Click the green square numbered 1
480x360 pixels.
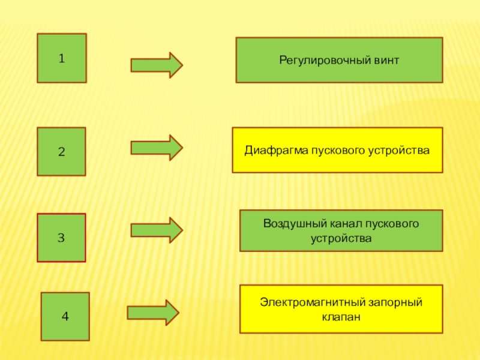[x=62, y=58]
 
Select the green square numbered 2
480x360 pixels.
[x=62, y=152]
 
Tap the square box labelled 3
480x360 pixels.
[x=62, y=238]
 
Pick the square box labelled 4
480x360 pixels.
[x=65, y=316]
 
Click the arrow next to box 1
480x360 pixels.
[x=157, y=65]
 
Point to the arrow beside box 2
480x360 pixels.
[x=157, y=148]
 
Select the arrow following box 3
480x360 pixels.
[x=157, y=230]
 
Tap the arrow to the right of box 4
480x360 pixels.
[x=153, y=313]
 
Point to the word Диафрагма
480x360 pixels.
[x=276, y=151]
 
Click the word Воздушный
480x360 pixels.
[x=295, y=224]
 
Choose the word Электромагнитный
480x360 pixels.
[x=313, y=302]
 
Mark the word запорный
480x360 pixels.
[x=395, y=303]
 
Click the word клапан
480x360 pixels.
[x=341, y=317]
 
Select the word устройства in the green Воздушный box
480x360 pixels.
[x=341, y=238]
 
